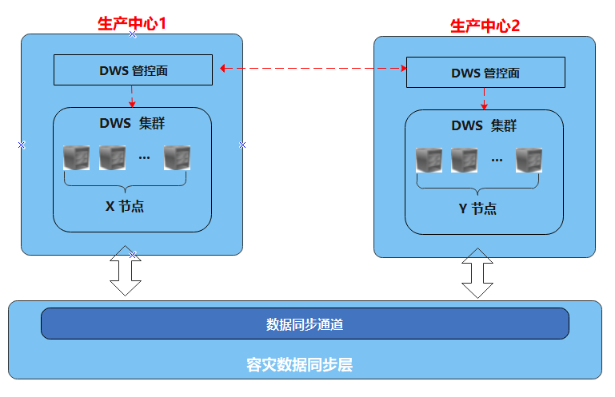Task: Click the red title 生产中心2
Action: pos(485,26)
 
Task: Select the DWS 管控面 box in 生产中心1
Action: pos(133,69)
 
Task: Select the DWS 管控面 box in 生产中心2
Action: pos(485,73)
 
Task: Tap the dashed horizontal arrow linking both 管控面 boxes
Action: pos(312,69)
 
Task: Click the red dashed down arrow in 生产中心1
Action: pos(133,96)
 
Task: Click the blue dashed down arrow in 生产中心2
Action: pos(485,98)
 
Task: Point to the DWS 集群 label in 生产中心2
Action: pos(484,125)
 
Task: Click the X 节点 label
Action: pos(126,206)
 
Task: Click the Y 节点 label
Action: pos(477,208)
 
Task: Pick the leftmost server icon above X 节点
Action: pos(77,157)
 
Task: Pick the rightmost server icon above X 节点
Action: pos(177,157)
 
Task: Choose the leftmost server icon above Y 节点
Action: pos(429,160)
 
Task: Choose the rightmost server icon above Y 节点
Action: pos(529,160)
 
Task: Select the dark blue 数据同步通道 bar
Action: pos(305,324)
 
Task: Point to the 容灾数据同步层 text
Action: pos(300,366)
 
